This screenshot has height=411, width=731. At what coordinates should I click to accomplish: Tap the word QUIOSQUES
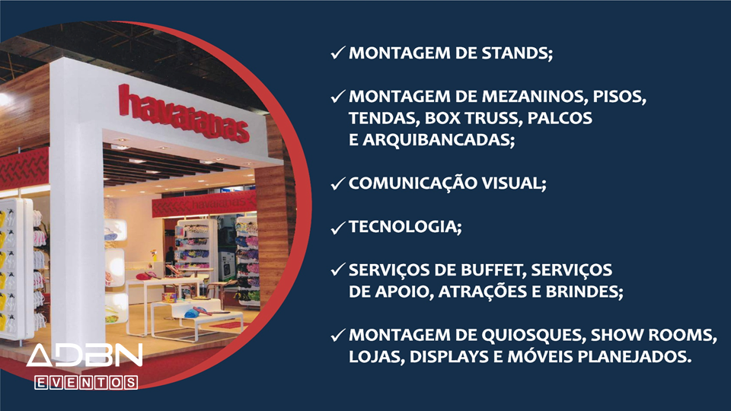click(530, 335)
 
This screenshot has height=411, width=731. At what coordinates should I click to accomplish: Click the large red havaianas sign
click(184, 114)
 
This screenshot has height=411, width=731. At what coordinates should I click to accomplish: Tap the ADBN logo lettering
click(84, 355)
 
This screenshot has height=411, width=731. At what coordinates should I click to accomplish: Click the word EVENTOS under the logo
click(85, 382)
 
